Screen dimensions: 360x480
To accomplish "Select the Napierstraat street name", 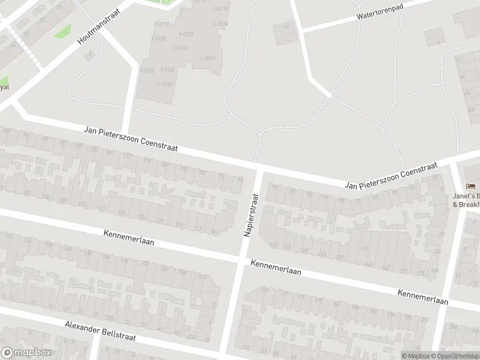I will tap(251, 214).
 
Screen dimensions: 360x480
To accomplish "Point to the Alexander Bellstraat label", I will tap(100, 331).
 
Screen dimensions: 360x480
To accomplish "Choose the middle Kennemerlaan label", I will tap(275, 267).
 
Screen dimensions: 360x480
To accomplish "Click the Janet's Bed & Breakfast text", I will tap(467, 200).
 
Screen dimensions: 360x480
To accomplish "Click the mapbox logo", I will tap(26, 352).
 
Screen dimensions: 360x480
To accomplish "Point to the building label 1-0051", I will tap(208, 58).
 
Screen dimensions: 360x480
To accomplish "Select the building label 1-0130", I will tap(164, 84).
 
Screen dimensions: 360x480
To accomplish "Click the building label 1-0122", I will tap(179, 47).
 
